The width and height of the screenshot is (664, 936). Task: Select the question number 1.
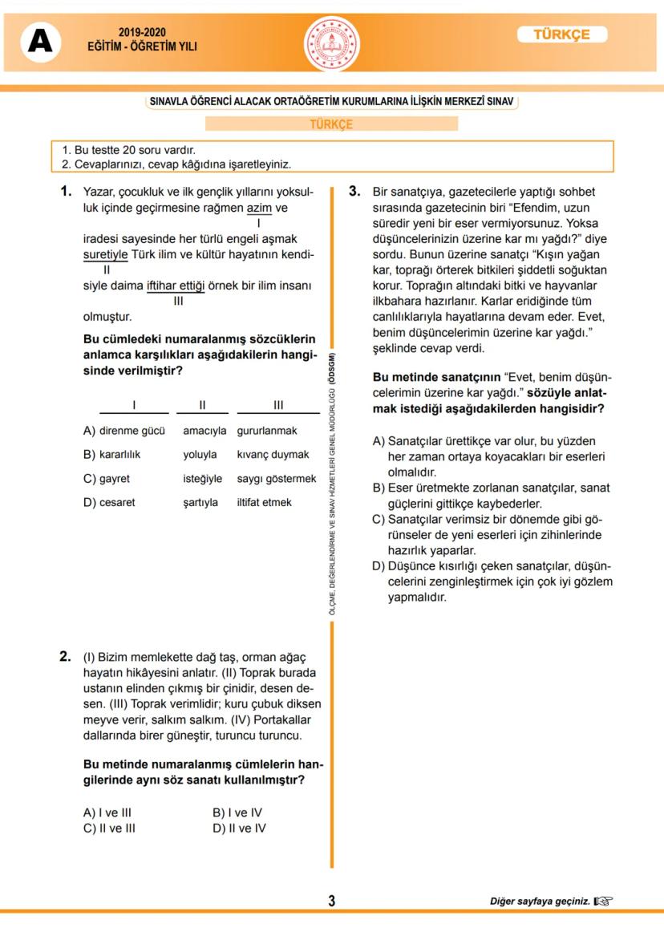click(x=67, y=192)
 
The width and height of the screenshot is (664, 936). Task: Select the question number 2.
click(x=67, y=656)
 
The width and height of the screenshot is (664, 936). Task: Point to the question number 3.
click(x=356, y=192)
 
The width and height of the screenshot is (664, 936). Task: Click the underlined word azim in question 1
click(x=259, y=209)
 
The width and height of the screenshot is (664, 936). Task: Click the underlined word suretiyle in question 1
click(x=106, y=254)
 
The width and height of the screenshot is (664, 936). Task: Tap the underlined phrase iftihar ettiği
click(x=176, y=286)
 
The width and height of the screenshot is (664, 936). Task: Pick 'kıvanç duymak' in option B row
click(x=273, y=455)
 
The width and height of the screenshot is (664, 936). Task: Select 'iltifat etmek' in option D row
click(x=264, y=503)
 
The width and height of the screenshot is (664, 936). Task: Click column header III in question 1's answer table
click(x=278, y=405)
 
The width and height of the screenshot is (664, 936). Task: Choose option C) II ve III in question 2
click(x=110, y=829)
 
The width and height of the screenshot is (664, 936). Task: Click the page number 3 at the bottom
click(x=331, y=901)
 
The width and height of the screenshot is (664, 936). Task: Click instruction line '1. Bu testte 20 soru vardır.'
click(x=129, y=150)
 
